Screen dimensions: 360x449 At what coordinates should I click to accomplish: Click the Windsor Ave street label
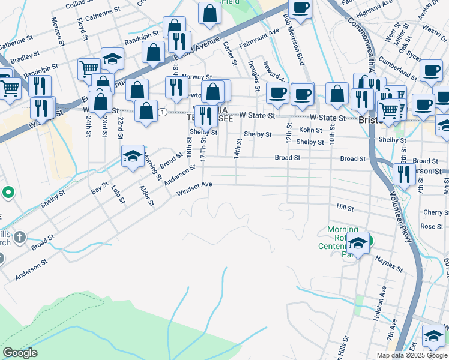coord(194,188)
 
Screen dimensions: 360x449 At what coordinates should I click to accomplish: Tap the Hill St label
coord(345,207)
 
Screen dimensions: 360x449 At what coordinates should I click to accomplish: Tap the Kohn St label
coord(310,130)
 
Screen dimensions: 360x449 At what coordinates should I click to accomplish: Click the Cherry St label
coord(432,212)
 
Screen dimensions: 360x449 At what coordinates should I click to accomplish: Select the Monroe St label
coord(59,31)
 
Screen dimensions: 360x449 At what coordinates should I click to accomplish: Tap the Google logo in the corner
coord(20,353)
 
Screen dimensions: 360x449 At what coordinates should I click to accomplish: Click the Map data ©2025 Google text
coord(411,355)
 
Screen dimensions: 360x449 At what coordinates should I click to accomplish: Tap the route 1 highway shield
coord(162,112)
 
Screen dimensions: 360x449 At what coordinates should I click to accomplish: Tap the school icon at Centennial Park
coord(358,243)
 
